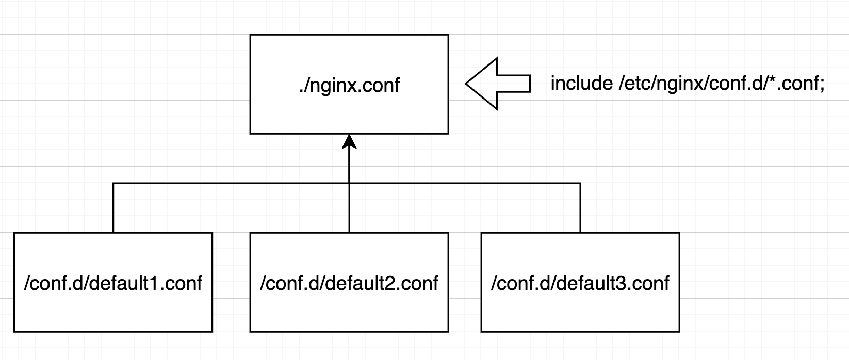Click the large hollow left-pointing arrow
point(498,84)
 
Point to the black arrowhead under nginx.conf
point(349,141)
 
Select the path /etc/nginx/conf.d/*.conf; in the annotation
point(721,83)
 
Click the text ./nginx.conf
point(349,85)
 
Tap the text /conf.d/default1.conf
point(113,283)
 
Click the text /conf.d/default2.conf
point(349,283)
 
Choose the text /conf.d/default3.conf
point(580,283)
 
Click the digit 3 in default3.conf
point(622,283)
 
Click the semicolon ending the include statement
point(822,85)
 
